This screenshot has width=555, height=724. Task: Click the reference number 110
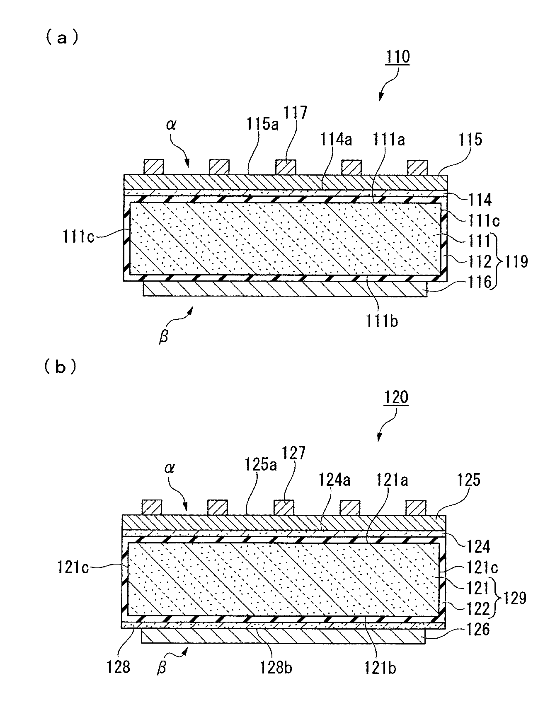point(397,57)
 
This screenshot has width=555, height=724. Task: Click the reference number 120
point(396,397)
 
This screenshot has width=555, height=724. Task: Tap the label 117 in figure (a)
point(296,112)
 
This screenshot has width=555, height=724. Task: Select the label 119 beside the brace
point(515,261)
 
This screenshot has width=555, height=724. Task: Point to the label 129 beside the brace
point(514,599)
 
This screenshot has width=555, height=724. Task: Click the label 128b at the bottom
point(276,667)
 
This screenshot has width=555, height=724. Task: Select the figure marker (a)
point(61,38)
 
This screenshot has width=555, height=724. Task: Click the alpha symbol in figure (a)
point(171,125)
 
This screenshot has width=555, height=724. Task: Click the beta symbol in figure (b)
point(162,668)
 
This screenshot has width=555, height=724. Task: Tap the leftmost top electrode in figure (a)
point(154,167)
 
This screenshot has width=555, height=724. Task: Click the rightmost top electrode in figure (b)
point(416,507)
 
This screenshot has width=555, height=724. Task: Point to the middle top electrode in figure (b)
point(284,507)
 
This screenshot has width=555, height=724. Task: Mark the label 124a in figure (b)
point(334,480)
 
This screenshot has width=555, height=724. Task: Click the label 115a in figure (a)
point(262,123)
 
